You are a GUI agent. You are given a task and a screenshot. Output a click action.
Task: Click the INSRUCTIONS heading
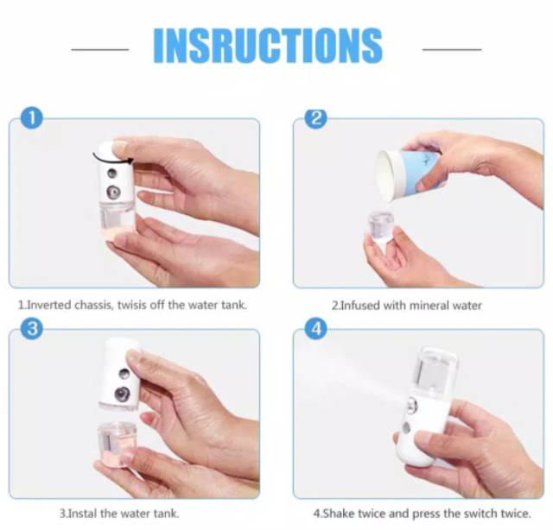tap(268, 46)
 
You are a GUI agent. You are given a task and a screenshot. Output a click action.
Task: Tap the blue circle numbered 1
tap(32, 118)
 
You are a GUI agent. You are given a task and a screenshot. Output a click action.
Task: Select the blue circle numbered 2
tap(316, 118)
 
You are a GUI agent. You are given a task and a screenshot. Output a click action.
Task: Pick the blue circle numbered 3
tap(32, 328)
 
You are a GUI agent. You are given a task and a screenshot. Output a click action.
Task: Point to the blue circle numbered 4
tap(316, 328)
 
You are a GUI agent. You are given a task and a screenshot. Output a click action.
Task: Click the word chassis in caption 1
tap(94, 305)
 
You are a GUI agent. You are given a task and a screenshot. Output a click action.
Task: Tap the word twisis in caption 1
tap(132, 305)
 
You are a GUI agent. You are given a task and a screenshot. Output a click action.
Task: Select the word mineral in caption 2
tap(428, 306)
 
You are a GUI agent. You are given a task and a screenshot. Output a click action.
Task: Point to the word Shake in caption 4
tap(338, 513)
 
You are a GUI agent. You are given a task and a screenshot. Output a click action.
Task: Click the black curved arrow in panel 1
tap(112, 158)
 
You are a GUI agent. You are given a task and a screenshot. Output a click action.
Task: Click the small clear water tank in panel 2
tap(381, 224)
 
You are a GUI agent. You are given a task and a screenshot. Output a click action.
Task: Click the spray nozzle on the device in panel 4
tap(411, 404)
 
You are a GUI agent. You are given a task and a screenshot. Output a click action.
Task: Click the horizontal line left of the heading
tap(100, 49)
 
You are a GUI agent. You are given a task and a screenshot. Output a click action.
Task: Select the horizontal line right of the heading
tap(452, 49)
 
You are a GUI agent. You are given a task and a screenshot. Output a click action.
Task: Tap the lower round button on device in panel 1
tap(113, 192)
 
